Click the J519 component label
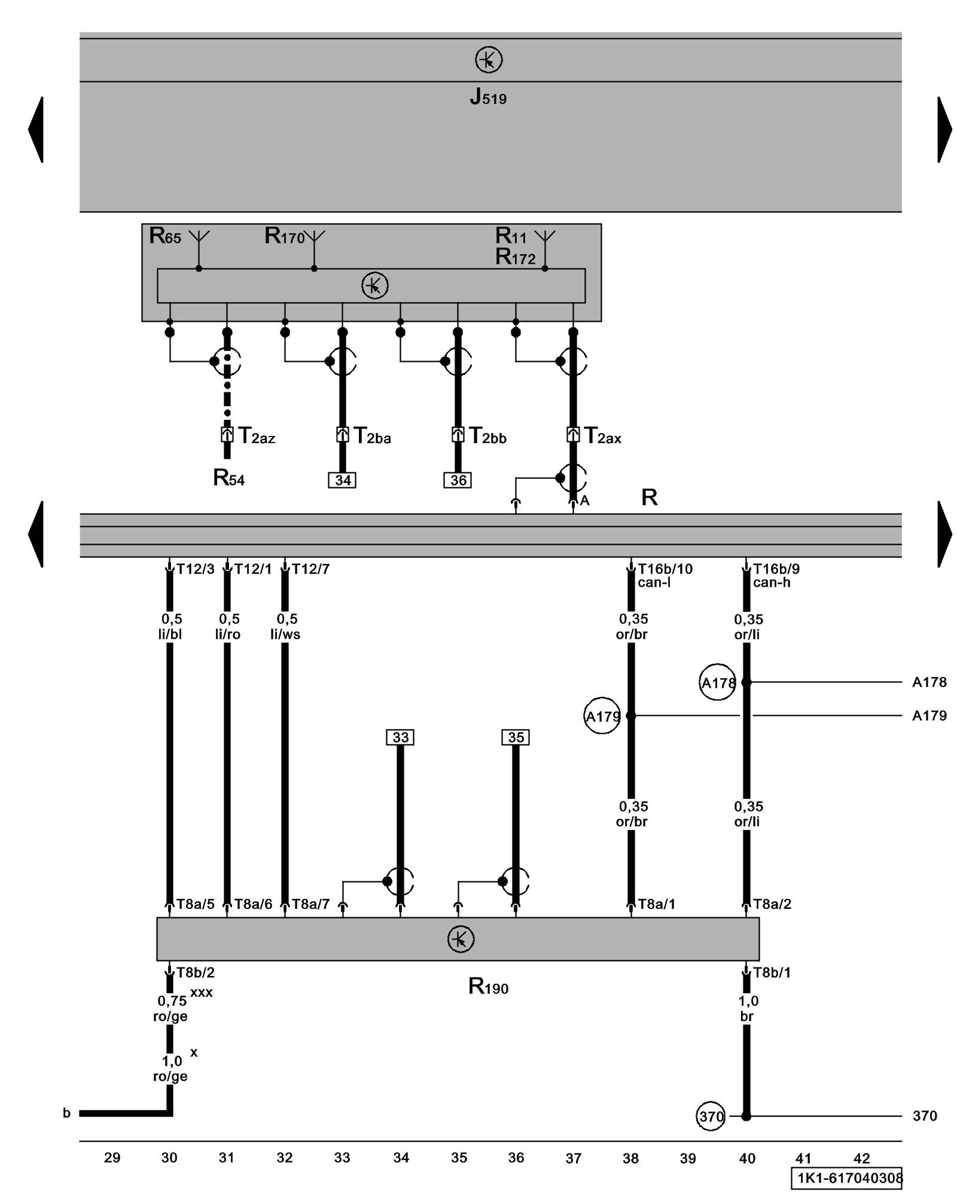point(488,97)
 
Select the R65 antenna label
point(165,236)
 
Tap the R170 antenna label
point(285,236)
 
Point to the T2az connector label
point(257,436)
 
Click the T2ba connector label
point(372,436)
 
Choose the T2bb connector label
point(487,436)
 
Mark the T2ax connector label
point(602,436)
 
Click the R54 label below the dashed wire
point(228,478)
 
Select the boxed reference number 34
point(342,480)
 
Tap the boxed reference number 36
point(458,480)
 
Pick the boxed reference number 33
point(400,737)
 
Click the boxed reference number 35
point(516,737)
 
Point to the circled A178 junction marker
point(717,682)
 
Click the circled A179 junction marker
point(602,716)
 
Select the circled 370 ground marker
point(711,1116)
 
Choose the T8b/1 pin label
point(772,973)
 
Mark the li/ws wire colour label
point(285,634)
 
